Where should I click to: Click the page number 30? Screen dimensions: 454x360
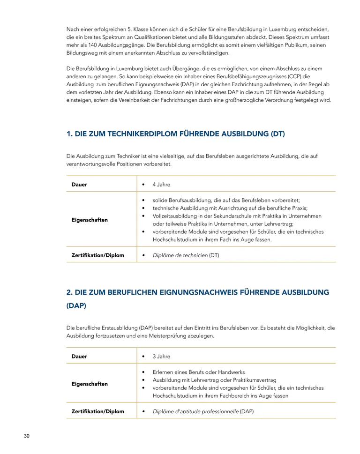coord(27,436)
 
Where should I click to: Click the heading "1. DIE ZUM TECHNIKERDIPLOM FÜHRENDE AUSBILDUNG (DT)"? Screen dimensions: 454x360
coord(175,134)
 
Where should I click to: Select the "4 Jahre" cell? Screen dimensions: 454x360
coord(161,184)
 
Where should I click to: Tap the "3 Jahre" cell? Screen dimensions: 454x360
coord(161,356)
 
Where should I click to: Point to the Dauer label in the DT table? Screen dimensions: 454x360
coord(79,184)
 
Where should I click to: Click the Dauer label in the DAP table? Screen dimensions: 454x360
coord(79,356)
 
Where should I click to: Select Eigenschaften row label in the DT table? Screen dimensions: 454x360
coord(90,220)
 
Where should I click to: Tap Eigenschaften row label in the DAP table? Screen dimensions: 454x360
coord(90,384)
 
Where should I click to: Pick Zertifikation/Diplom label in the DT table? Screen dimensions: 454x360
coord(97,255)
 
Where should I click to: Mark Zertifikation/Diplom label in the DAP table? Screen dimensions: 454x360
coord(97,411)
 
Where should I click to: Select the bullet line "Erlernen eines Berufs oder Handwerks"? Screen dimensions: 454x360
coord(199,372)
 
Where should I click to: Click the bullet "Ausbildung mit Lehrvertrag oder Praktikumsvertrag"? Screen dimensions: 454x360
coord(214,380)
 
